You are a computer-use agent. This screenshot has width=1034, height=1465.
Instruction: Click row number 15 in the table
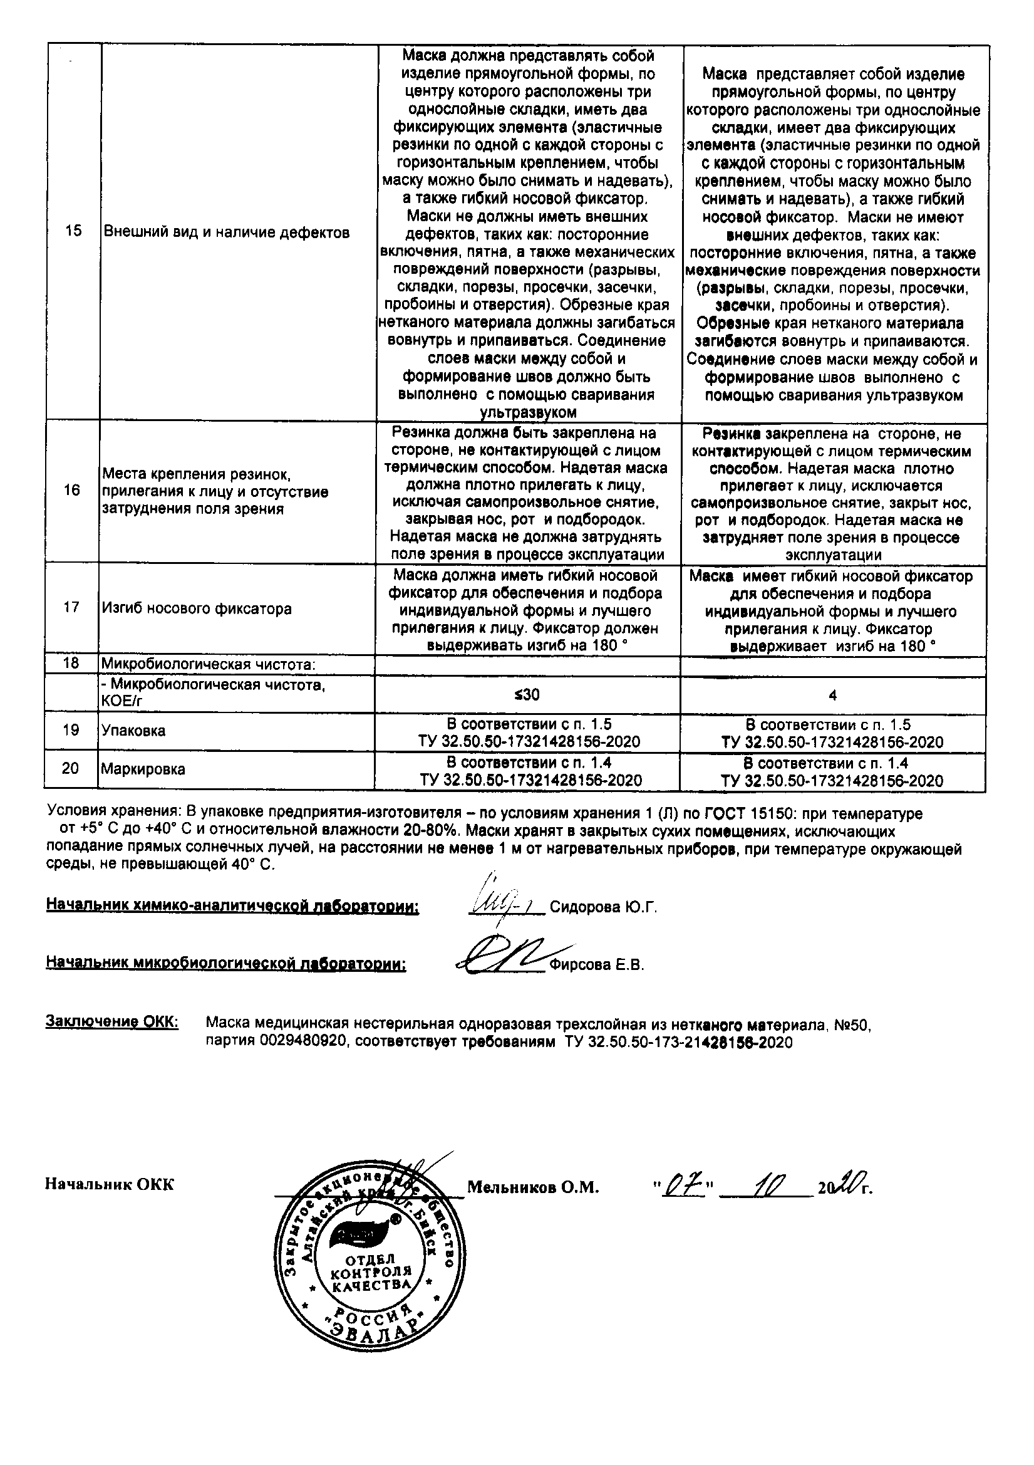pos(73,231)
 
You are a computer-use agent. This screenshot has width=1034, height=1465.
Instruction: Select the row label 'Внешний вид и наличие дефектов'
pos(227,233)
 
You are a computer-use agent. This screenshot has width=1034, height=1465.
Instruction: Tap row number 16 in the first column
pos(72,490)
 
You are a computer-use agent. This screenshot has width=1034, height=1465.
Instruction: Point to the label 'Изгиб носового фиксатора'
pos(197,608)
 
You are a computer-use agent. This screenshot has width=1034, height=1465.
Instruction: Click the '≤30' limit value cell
pos(527,695)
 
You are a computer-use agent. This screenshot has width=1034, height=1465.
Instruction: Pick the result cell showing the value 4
pos(832,696)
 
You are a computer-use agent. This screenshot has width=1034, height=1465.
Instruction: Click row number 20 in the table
pos(70,769)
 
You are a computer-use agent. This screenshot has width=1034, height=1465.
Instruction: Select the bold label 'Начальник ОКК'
pos(109,1185)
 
